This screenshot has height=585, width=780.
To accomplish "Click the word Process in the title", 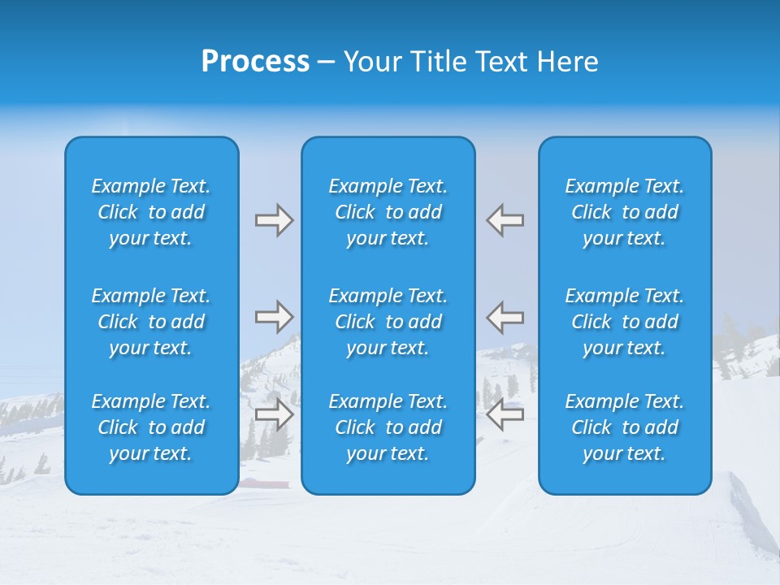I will pyautogui.click(x=255, y=62).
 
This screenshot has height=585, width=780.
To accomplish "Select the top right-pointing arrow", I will pyautogui.click(x=274, y=220).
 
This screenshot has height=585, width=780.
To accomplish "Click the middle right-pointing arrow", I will pyautogui.click(x=274, y=317).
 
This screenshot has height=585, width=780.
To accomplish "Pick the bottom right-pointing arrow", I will pyautogui.click(x=274, y=414).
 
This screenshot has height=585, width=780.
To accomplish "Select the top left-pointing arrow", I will pyautogui.click(x=505, y=220).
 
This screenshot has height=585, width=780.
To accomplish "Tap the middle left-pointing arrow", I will pyautogui.click(x=505, y=317).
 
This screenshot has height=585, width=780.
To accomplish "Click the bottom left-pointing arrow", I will pyautogui.click(x=505, y=414).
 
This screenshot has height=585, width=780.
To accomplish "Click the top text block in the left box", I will pyautogui.click(x=151, y=212).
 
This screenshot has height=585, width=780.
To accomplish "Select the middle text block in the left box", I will pyautogui.click(x=151, y=322).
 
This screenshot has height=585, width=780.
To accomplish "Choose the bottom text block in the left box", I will pyautogui.click(x=151, y=427).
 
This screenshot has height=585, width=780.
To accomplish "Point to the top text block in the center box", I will pyautogui.click(x=388, y=212).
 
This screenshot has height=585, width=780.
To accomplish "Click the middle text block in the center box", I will pyautogui.click(x=388, y=322).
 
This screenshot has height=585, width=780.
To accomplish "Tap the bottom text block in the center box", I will pyautogui.click(x=388, y=427).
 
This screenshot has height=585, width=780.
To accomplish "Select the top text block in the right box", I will pyautogui.click(x=625, y=212).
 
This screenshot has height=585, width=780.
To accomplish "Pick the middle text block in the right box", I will pyautogui.click(x=625, y=322).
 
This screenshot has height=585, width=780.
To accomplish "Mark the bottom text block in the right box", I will pyautogui.click(x=625, y=427).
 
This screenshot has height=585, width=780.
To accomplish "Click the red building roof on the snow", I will pyautogui.click(x=263, y=483).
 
